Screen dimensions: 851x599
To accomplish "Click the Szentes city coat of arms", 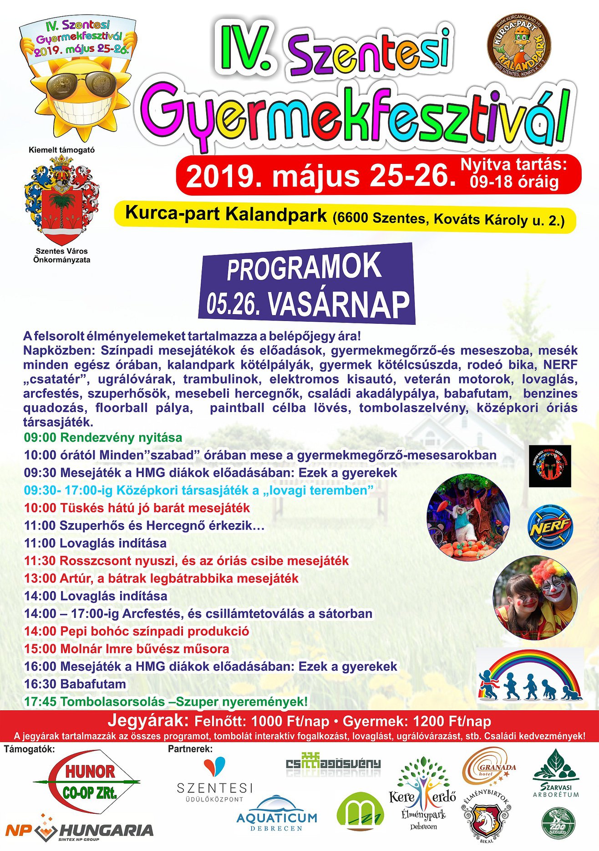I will coord(61,200).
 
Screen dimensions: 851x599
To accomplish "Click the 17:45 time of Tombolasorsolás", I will coord(40,702).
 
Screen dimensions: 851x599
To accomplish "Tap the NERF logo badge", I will coord(550,527).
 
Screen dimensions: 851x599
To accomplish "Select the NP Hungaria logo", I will coord(79,831).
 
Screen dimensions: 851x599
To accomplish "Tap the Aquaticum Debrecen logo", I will coord(277,817).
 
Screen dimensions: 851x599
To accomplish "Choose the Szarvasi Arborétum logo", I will coord(556,774).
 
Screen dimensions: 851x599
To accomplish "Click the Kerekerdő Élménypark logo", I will coord(422,792).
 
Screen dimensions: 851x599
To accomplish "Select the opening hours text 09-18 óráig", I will coord(514,182).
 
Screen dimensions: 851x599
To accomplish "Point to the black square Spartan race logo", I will coord(549,466).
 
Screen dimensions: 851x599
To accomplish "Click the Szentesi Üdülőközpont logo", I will coord(214,780).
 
